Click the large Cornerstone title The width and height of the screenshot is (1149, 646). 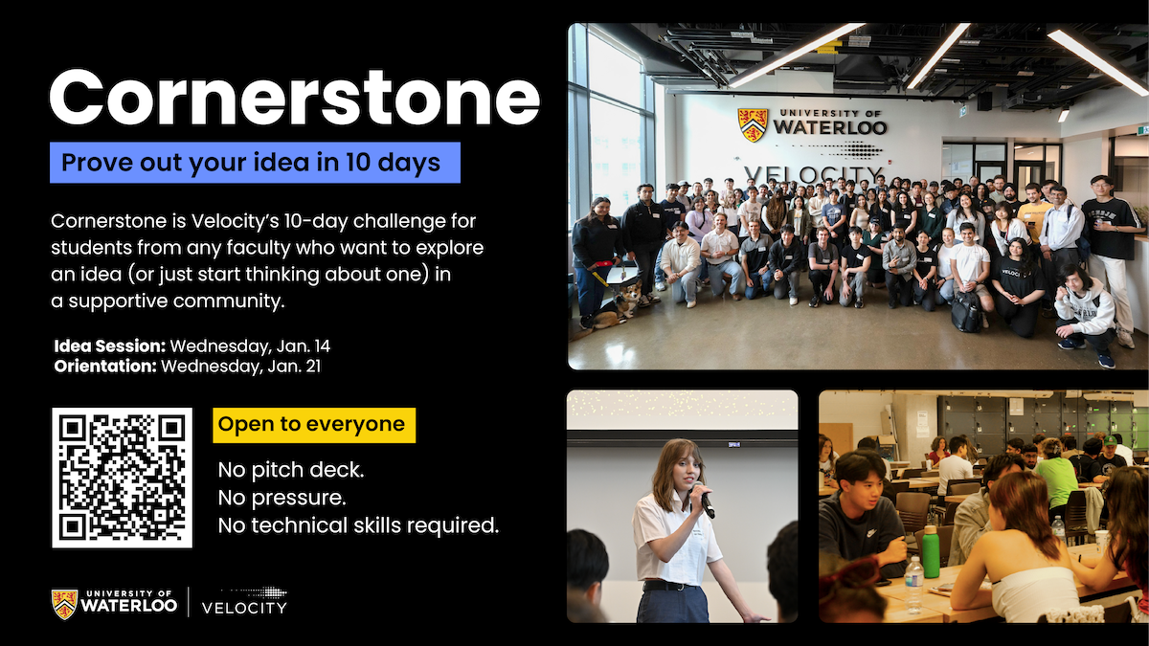click(x=294, y=96)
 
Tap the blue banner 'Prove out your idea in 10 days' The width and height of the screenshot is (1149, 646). click(x=255, y=163)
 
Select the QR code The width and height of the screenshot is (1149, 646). click(x=122, y=478)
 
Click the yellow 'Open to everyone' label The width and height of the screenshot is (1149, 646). click(x=313, y=424)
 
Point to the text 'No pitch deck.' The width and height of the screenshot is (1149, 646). click(x=291, y=471)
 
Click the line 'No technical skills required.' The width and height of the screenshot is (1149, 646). click(x=358, y=524)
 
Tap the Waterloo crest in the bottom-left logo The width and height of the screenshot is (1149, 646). click(x=64, y=604)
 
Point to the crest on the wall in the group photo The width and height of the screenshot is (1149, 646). click(x=753, y=124)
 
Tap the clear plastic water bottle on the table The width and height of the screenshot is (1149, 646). click(x=913, y=584)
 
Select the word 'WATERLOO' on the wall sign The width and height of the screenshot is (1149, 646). click(x=829, y=127)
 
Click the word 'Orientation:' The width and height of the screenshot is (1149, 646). click(x=105, y=366)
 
